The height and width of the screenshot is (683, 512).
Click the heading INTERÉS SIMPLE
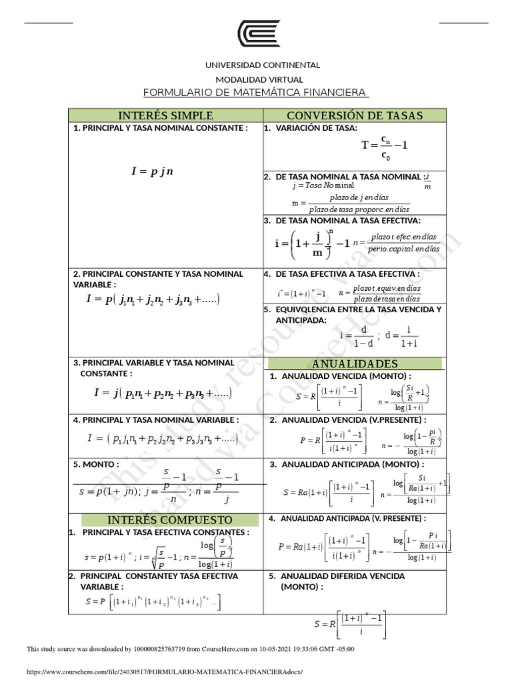[165, 115]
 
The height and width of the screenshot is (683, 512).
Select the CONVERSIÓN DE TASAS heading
[354, 115]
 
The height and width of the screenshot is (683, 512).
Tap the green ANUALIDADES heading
[355, 364]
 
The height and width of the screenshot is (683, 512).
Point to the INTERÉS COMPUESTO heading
[170, 520]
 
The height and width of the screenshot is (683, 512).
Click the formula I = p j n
[152, 171]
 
